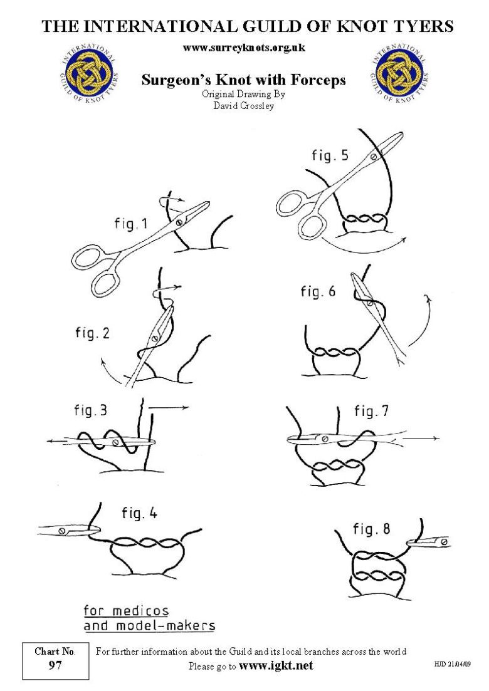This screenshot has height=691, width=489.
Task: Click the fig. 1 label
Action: [x=131, y=224]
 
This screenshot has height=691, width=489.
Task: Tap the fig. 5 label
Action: [x=330, y=155]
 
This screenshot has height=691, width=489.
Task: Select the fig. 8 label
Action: [x=371, y=529]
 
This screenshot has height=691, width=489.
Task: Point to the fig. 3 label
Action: [x=90, y=411]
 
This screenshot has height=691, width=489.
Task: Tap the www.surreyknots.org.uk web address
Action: [x=244, y=48]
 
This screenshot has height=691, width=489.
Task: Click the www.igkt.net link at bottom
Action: [x=276, y=665]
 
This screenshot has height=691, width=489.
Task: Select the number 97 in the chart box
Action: [x=55, y=666]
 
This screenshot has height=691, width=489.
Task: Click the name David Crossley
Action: [x=244, y=105]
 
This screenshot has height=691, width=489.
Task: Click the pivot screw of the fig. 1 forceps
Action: [x=179, y=222]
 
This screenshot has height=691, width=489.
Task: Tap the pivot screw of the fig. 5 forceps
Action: [x=374, y=157]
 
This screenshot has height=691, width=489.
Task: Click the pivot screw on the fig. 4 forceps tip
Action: [x=62, y=531]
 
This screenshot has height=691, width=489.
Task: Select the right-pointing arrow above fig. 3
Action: [x=169, y=407]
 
